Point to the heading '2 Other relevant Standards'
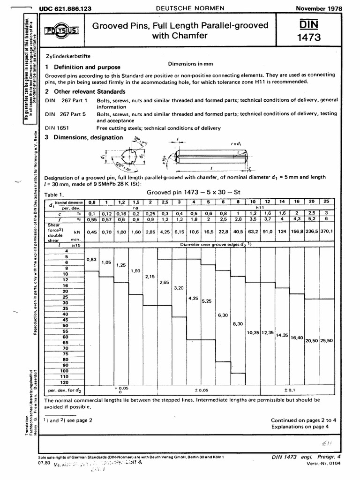coord(85,91)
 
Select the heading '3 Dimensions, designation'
coord(84,137)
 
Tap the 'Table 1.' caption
coord(54,194)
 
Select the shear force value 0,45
coord(91,231)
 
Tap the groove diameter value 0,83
coord(91,259)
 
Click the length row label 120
coord(65,382)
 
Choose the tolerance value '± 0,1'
coord(291,390)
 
